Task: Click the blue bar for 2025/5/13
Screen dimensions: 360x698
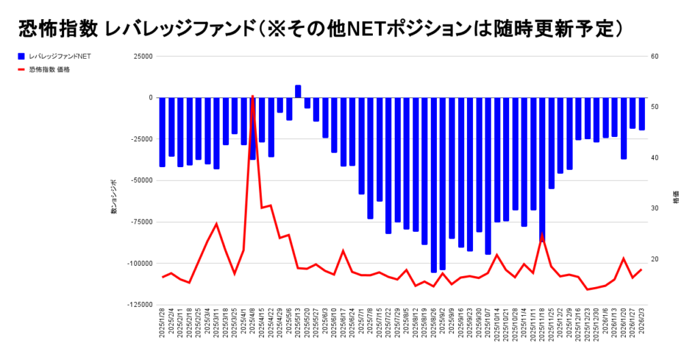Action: [298, 91]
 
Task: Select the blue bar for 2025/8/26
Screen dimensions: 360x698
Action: [434, 184]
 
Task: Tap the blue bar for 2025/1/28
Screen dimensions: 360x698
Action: [162, 132]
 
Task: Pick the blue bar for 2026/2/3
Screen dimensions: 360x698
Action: [641, 113]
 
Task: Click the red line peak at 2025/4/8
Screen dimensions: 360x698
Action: [252, 97]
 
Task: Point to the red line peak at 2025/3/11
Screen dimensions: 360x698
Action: [216, 224]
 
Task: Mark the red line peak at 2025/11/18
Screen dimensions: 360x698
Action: [542, 236]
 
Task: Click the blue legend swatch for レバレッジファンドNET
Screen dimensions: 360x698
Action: [22, 56]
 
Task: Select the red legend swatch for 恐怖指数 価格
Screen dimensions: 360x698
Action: [22, 70]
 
